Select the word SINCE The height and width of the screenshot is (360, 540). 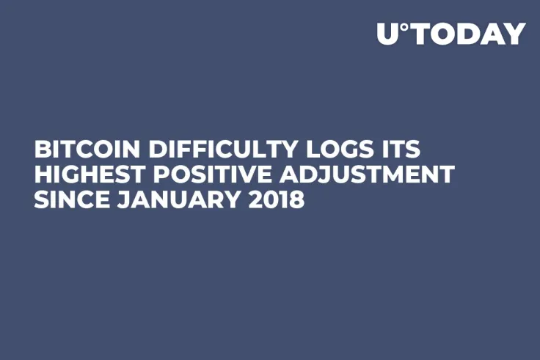tap(66, 199)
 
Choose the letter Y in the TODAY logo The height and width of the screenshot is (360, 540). tap(517, 34)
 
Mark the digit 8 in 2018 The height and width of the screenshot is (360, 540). tap(296, 199)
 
